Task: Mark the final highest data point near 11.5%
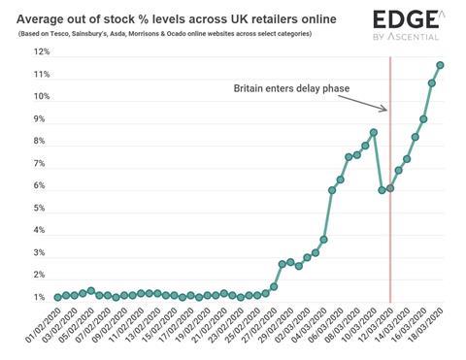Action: click(x=440, y=65)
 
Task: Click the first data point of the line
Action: click(x=57, y=297)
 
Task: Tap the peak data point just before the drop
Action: click(x=374, y=132)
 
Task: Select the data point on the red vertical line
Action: click(x=390, y=187)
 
